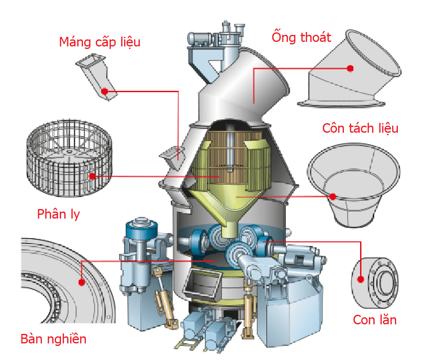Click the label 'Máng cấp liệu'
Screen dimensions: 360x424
[x=100, y=42]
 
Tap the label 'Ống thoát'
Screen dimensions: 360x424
[x=301, y=37]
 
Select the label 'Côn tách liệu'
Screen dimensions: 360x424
[x=360, y=128]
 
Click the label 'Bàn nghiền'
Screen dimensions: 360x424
[x=54, y=339]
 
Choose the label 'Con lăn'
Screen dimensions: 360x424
[x=375, y=320]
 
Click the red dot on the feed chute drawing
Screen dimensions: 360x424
[x=105, y=90]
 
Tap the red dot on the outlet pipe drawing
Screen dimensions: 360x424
[x=350, y=68]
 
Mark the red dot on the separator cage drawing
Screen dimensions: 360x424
[x=92, y=176]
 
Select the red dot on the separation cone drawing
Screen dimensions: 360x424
[x=332, y=197]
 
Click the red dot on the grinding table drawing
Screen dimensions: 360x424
[x=81, y=282]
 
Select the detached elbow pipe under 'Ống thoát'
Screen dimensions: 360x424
[x=351, y=75]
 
